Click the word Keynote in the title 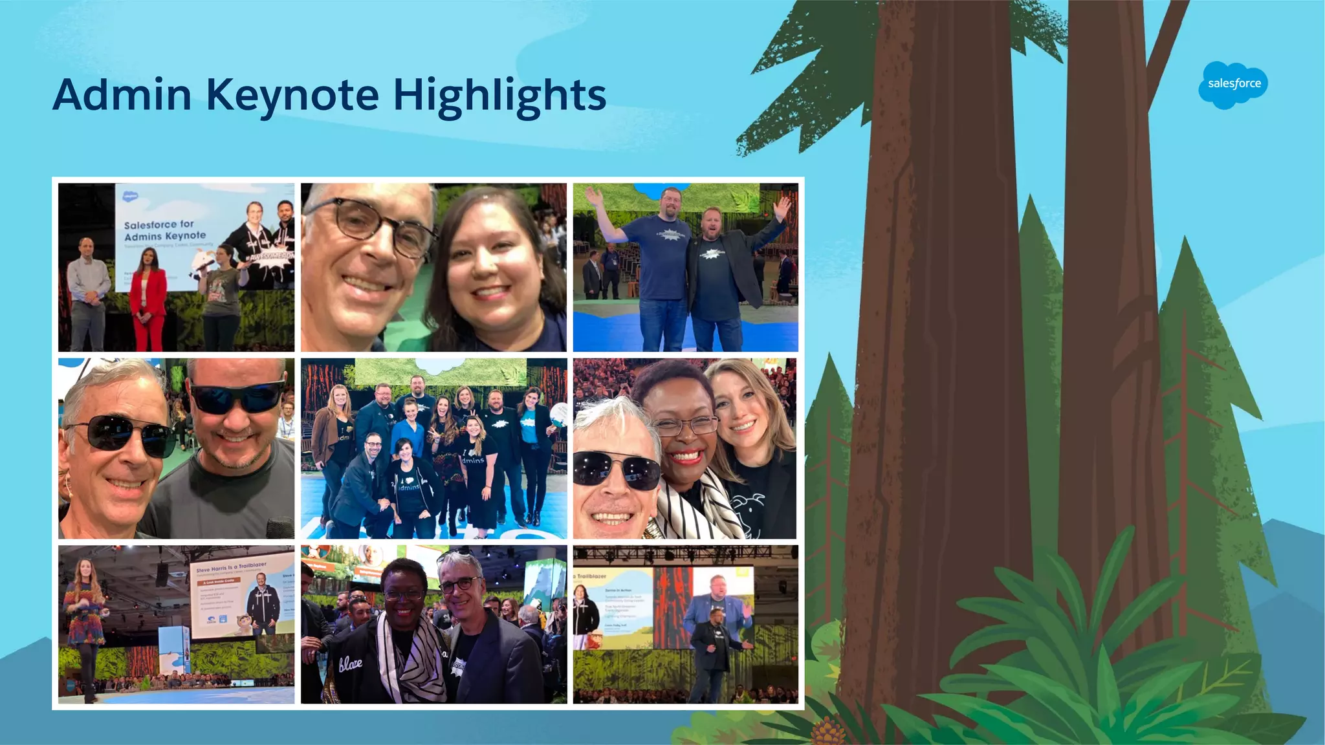[x=292, y=96]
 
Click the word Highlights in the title [x=499, y=96]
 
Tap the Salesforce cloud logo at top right [x=1233, y=85]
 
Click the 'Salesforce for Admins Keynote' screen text [x=165, y=230]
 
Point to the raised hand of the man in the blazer [x=782, y=208]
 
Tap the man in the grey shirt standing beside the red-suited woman [x=89, y=294]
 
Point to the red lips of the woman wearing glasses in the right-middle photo [x=686, y=457]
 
